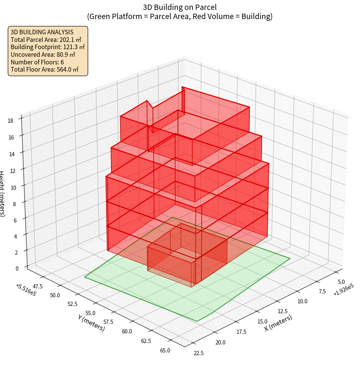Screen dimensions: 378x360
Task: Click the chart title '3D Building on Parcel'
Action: [180, 7]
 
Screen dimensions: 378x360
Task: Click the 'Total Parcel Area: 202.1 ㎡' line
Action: [46, 40]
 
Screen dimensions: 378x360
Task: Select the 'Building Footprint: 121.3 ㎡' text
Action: [48, 47]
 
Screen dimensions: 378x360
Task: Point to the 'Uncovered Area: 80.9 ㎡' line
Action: [43, 54]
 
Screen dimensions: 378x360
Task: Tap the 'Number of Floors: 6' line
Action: [37, 62]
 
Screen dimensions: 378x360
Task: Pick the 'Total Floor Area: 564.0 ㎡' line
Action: [45, 69]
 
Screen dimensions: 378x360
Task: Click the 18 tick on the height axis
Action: [10, 121]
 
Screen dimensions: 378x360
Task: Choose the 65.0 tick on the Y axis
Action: [166, 351]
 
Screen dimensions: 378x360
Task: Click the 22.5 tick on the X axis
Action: [199, 353]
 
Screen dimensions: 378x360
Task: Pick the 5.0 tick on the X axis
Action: [342, 282]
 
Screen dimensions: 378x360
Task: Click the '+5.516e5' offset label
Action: [26, 290]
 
